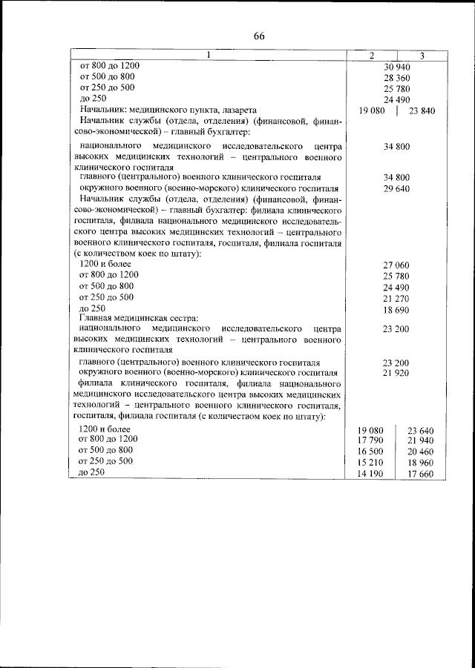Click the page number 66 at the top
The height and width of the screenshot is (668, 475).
[x=258, y=36]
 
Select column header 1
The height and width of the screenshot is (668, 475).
[x=209, y=56]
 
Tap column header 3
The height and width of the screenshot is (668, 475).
[x=421, y=56]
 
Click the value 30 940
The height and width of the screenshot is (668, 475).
[x=397, y=67]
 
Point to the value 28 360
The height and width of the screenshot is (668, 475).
[x=397, y=78]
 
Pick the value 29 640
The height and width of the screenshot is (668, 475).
[x=397, y=189]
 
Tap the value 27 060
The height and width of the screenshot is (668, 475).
[x=397, y=265]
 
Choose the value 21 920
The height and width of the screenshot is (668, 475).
[x=397, y=373]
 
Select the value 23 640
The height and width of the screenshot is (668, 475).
[x=422, y=431]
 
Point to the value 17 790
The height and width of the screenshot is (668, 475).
[x=370, y=441]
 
